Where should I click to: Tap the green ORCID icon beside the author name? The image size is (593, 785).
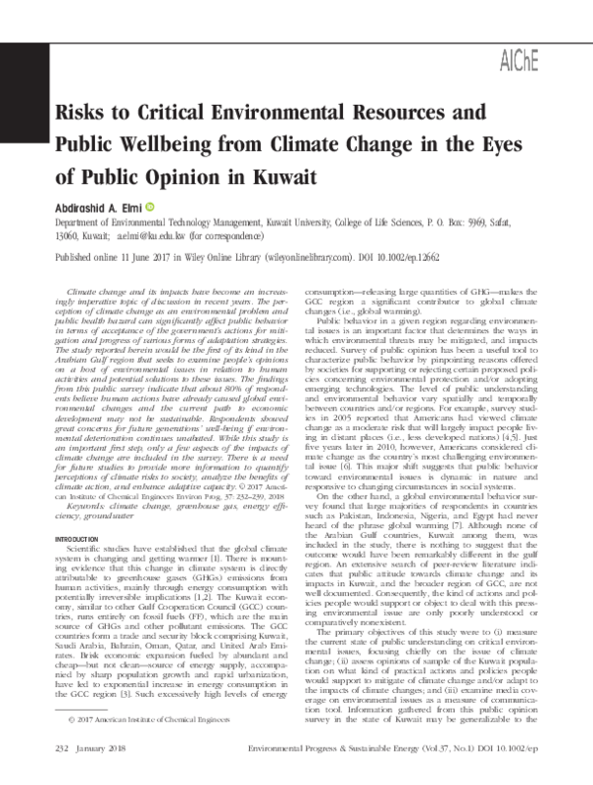[149, 209]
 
